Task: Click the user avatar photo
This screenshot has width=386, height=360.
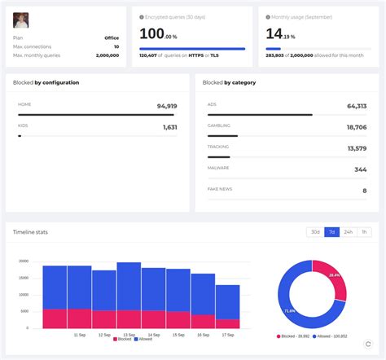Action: tap(22, 20)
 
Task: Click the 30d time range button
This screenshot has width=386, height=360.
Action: tap(314, 232)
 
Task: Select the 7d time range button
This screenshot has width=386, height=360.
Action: tap(331, 232)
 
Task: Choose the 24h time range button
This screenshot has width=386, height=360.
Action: tap(349, 232)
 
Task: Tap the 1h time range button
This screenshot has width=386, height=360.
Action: tap(365, 232)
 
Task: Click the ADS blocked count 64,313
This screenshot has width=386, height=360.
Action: tap(356, 106)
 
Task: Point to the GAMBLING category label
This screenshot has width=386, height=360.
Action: tap(219, 125)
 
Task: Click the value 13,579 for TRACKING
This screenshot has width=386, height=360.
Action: tap(357, 148)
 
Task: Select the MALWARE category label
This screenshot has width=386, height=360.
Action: tap(218, 168)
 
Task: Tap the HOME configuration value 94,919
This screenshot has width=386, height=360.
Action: tap(166, 106)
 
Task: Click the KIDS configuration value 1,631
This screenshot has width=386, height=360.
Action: tap(169, 127)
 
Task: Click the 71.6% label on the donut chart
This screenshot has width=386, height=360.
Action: tap(289, 310)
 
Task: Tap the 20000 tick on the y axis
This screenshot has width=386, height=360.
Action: tap(24, 261)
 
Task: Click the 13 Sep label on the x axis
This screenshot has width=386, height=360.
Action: tap(129, 335)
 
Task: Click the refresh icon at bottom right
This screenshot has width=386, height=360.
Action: tap(367, 344)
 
